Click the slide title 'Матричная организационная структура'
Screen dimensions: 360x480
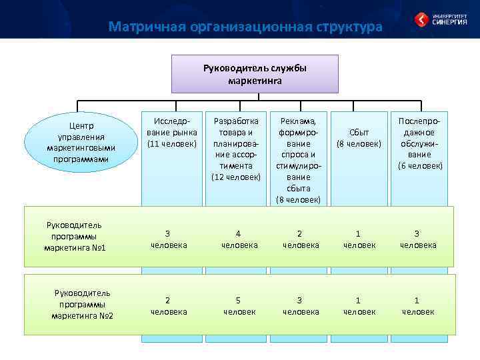(x=245, y=27)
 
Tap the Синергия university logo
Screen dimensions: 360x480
(x=439, y=19)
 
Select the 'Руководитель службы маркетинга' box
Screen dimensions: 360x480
(x=255, y=74)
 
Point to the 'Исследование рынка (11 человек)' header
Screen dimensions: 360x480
(x=171, y=133)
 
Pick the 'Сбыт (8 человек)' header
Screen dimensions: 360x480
(x=359, y=138)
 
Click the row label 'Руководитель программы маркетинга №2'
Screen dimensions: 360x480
(x=83, y=303)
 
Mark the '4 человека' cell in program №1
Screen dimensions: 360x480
(x=239, y=239)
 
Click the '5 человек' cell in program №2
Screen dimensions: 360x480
(x=239, y=306)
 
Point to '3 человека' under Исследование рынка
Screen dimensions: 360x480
(x=168, y=239)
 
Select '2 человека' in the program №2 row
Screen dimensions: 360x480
(x=168, y=306)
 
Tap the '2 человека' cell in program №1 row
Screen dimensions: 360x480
(x=301, y=239)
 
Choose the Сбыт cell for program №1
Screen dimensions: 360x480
(x=359, y=239)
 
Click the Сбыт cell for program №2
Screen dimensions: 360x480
(x=359, y=306)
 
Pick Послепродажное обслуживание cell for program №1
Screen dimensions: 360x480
(x=418, y=239)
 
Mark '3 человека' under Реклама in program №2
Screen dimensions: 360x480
(x=301, y=306)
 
